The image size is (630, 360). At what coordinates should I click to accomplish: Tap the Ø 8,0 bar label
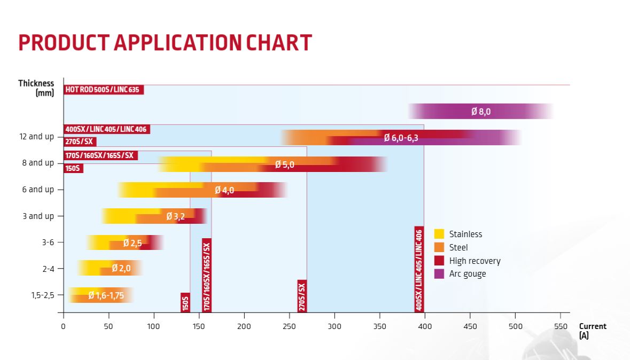[x=480, y=112]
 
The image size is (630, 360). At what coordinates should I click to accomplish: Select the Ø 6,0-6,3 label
[x=401, y=138]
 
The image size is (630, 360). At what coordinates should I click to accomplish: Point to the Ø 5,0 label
[x=284, y=165]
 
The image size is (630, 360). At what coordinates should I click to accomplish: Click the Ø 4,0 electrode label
[x=224, y=190]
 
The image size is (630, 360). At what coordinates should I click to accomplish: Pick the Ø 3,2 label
[x=175, y=216]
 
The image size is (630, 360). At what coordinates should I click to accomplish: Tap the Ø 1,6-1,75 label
[x=106, y=295]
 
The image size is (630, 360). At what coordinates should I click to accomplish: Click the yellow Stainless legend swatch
[x=439, y=234]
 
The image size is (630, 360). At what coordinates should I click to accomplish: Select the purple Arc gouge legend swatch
[x=439, y=274]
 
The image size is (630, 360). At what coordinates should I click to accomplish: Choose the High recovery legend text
[x=475, y=261]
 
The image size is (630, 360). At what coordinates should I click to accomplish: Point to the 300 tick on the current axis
[x=335, y=326]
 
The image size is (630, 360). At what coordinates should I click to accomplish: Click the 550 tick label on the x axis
[x=561, y=326]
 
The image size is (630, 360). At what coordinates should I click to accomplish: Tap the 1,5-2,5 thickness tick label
[x=43, y=295]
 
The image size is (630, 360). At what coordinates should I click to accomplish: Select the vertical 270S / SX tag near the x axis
[x=302, y=295]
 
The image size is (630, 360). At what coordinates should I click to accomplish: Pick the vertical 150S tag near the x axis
[x=185, y=302]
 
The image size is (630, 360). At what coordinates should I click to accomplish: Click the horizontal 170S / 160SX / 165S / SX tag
[x=100, y=155]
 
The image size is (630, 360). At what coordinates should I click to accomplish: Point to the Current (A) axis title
[x=592, y=331]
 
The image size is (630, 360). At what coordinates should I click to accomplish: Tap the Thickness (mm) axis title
[x=37, y=88]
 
